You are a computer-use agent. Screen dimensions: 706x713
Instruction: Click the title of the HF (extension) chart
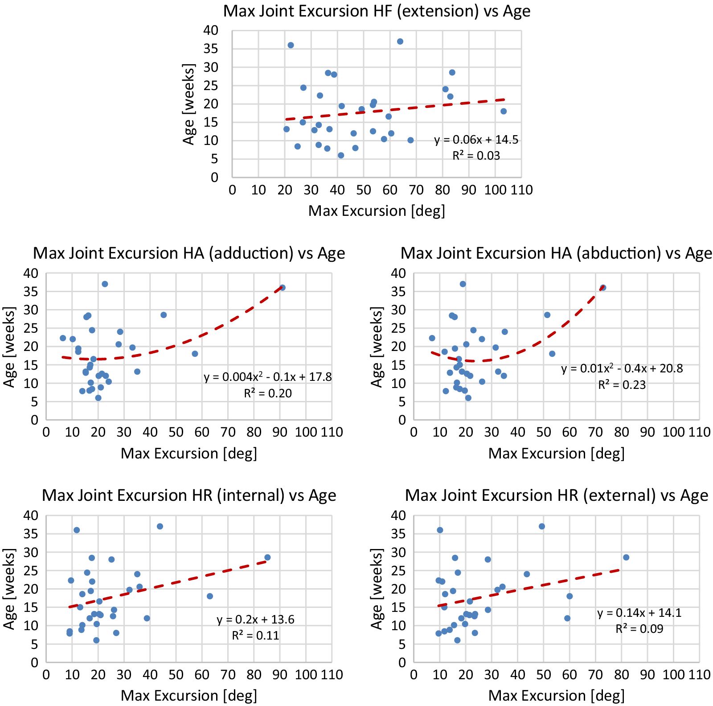(377, 11)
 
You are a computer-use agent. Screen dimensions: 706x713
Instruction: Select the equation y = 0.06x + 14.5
(476, 140)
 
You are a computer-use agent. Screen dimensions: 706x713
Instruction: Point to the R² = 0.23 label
(622, 385)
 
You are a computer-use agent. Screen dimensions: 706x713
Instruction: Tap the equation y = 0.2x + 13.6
(255, 619)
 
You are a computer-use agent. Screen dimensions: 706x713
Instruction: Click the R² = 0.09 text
(639, 629)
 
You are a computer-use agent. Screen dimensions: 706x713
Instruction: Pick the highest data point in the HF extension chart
(400, 41)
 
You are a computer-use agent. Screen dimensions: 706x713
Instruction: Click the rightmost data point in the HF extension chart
(504, 111)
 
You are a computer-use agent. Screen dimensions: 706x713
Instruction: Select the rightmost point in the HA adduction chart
(283, 288)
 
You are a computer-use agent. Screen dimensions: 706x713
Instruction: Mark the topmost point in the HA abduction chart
(463, 284)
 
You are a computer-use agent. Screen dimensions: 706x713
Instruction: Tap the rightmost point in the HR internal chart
(267, 557)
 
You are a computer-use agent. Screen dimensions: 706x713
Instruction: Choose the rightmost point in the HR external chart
(626, 557)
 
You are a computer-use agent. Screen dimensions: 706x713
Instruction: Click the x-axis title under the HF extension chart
(377, 211)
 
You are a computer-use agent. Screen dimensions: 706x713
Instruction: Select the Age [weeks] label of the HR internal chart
(9, 589)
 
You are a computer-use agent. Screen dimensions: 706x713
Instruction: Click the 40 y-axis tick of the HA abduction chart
(398, 273)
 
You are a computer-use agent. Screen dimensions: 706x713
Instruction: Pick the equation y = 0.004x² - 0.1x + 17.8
(268, 377)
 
